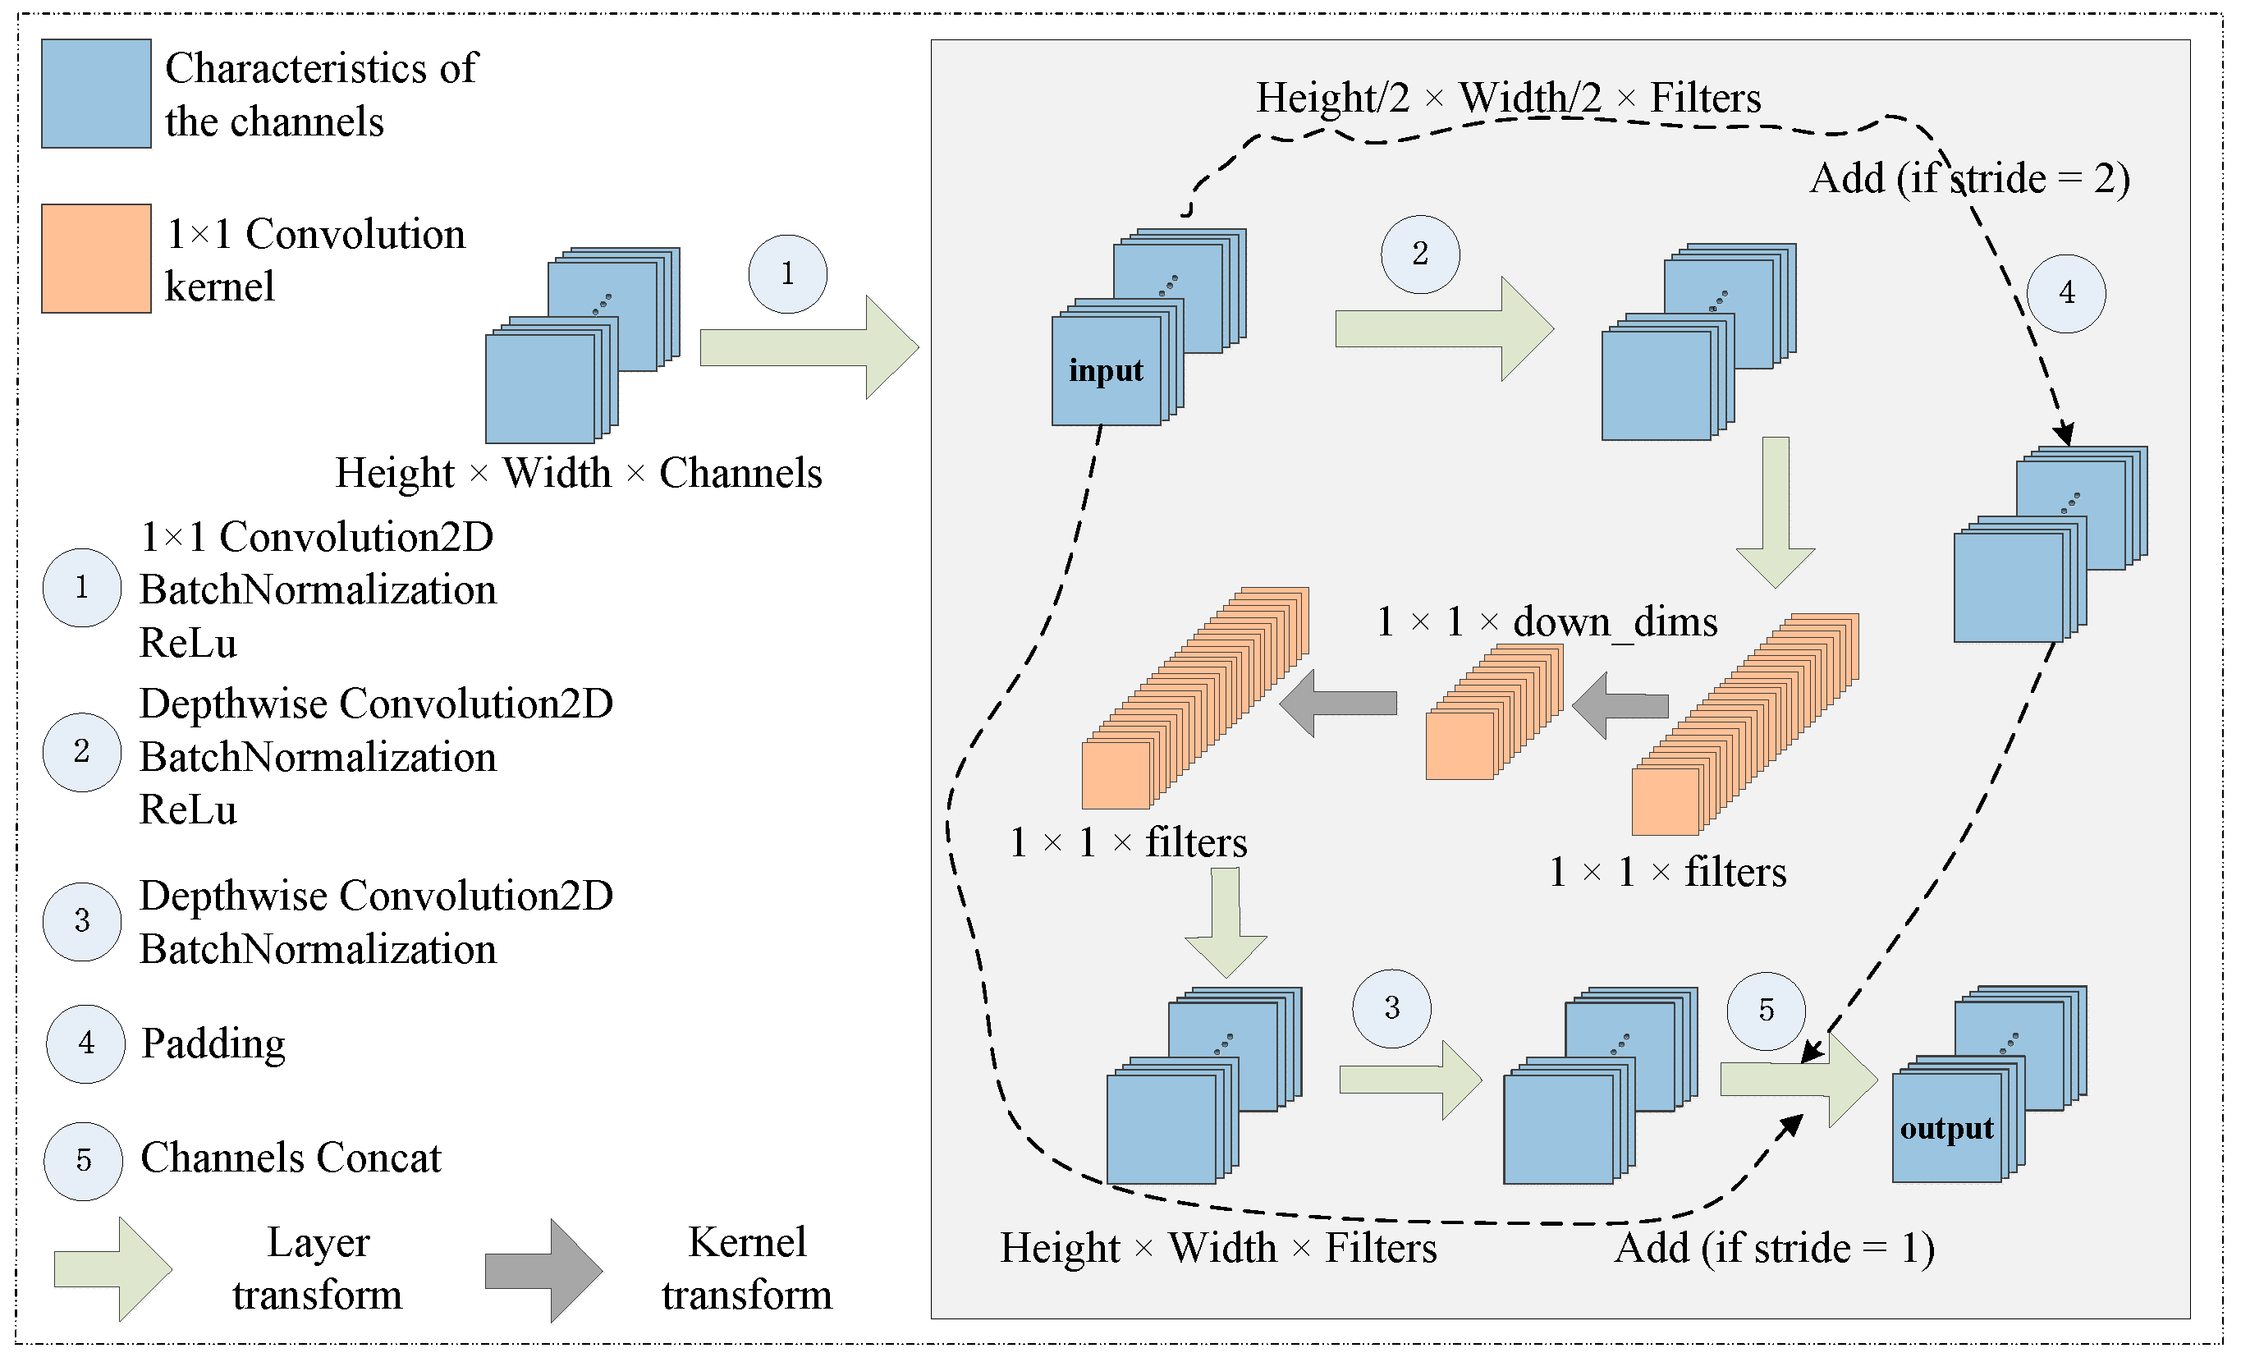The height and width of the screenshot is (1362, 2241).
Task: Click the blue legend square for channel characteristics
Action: (x=95, y=93)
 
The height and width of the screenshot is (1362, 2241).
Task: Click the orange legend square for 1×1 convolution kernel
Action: (x=95, y=259)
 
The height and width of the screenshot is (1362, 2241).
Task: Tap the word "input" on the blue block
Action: (x=1105, y=370)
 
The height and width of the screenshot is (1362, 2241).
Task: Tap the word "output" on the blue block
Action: (x=1946, y=1128)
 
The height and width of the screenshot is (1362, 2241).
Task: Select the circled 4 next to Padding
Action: (x=85, y=1043)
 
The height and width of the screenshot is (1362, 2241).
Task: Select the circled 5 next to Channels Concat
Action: (x=83, y=1161)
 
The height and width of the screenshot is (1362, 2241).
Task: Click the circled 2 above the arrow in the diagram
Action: (x=1420, y=254)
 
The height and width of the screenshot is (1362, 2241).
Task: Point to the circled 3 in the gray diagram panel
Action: (x=1391, y=1008)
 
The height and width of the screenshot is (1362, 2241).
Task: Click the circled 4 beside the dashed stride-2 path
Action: (x=2066, y=293)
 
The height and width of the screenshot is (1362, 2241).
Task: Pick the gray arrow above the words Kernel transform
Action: (x=543, y=1270)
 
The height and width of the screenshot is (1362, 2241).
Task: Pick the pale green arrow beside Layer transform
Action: (x=112, y=1268)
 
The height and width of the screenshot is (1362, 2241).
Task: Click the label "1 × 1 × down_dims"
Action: (x=1547, y=622)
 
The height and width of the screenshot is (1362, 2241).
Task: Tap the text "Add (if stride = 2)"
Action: (x=1969, y=178)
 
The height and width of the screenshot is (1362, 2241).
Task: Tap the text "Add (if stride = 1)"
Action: (x=1774, y=1247)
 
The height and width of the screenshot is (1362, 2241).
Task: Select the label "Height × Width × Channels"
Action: (x=579, y=473)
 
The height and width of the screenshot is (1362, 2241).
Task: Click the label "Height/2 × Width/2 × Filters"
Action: (x=1508, y=99)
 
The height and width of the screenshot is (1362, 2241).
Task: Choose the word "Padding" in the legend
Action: (x=213, y=1043)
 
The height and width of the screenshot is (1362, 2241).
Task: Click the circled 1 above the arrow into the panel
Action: (x=787, y=274)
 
